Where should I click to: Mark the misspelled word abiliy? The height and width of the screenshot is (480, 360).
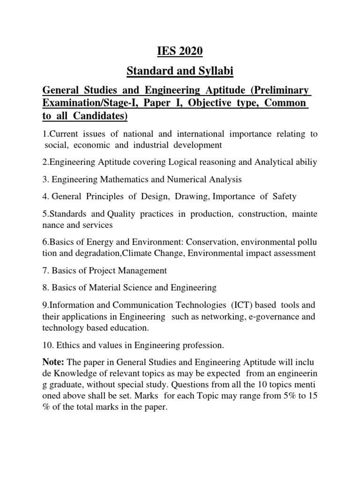(305, 163)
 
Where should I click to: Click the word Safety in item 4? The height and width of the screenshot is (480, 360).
(281, 196)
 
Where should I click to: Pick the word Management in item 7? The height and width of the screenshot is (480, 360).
(143, 270)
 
